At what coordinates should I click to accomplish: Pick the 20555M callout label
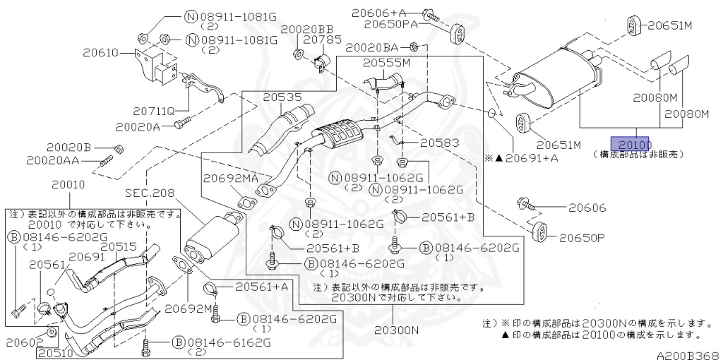(386, 64)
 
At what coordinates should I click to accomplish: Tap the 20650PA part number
(391, 24)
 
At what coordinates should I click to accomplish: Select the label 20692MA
(229, 179)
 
